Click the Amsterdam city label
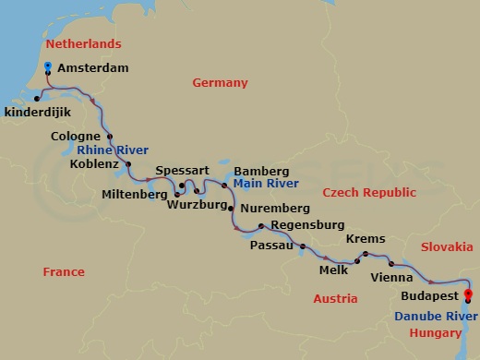click(92, 68)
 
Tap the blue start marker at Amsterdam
click(48, 66)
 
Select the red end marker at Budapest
click(467, 296)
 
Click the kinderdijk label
click(36, 112)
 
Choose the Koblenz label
click(94, 164)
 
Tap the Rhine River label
click(113, 150)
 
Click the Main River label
click(259, 184)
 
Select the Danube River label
click(429, 316)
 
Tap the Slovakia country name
click(446, 247)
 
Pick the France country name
click(64, 272)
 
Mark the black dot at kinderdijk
click(37, 98)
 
